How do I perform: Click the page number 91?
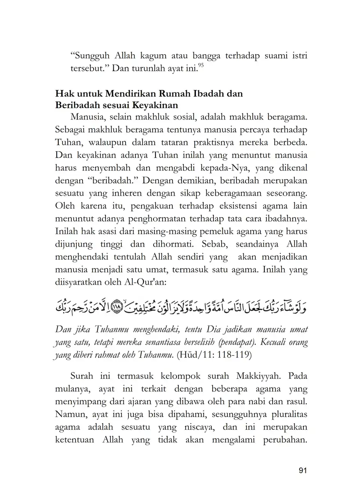coord(303,470)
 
